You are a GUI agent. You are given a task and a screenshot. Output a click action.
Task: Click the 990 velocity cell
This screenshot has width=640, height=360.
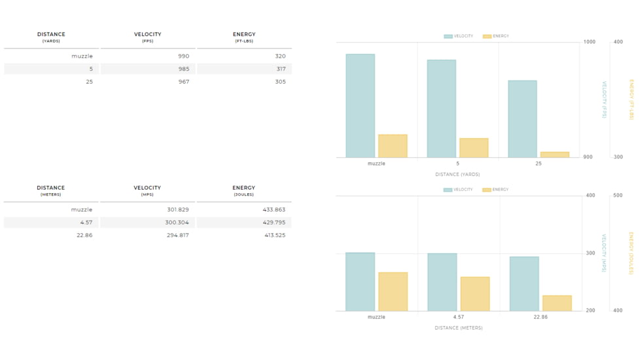pos(183,56)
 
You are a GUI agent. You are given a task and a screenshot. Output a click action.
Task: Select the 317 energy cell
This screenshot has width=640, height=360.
pos(280,69)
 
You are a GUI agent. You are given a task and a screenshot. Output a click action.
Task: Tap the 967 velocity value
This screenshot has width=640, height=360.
pos(183,82)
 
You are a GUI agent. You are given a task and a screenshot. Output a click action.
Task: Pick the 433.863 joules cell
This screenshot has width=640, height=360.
pos(273,209)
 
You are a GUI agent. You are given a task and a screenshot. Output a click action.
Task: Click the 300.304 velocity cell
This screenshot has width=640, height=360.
pos(177,223)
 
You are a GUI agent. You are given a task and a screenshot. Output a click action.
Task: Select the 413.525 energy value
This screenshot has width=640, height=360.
pos(273,235)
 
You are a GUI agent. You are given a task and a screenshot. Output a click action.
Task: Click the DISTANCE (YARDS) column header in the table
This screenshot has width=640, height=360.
pos(51,37)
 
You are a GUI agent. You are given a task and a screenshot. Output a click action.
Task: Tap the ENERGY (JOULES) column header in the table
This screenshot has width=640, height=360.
pos(243,190)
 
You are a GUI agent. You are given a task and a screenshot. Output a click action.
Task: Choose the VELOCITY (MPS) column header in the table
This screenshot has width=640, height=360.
pos(147,190)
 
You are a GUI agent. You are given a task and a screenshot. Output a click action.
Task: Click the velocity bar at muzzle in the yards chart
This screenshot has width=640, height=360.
pos(361,105)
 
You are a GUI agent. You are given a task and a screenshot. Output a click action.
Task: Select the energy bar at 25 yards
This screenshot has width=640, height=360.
pos(555,154)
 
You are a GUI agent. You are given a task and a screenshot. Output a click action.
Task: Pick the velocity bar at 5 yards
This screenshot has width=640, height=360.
pos(442,109)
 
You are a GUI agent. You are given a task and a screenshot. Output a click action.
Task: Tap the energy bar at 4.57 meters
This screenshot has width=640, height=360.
pos(474,294)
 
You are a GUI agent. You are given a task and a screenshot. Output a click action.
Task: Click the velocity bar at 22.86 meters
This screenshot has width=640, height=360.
pos(524,283)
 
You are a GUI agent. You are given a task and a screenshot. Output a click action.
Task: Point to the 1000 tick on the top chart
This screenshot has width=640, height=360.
pos(589,43)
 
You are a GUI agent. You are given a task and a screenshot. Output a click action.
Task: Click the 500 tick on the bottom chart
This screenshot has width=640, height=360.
pos(618,196)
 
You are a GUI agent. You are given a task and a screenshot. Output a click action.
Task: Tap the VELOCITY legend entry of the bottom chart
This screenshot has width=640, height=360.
pos(458,190)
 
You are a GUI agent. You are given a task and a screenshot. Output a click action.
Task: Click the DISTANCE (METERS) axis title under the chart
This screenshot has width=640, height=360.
pos(458,328)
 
